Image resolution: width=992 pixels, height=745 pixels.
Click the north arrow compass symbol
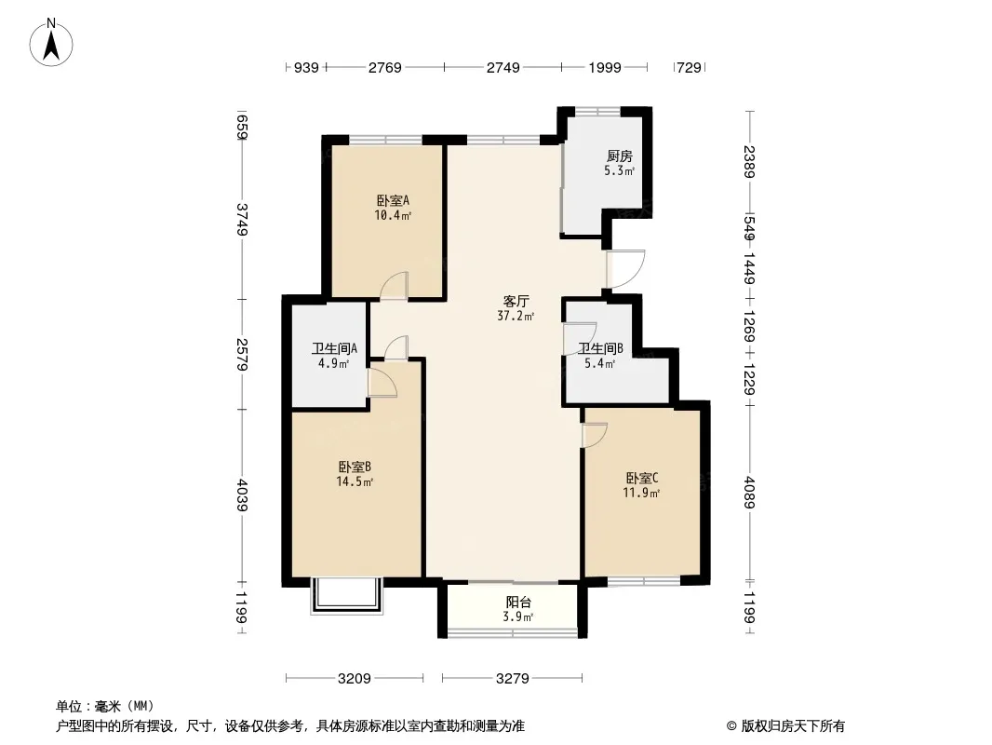pos(52,42)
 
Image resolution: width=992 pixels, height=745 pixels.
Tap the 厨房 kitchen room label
pos(619,156)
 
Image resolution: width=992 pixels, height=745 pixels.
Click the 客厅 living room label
pos(516,302)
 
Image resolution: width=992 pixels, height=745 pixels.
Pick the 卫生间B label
pos(601,349)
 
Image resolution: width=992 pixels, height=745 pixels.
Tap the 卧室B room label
pos(355,467)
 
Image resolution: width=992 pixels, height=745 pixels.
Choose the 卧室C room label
pos(641,479)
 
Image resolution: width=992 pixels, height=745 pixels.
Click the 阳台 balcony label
pos(518,603)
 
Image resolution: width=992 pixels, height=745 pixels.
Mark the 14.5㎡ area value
pos(355,482)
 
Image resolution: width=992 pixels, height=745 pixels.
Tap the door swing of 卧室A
pos(394,285)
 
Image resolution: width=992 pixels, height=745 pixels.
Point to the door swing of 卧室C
pos(594,435)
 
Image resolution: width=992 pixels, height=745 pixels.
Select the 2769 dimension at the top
pos(384,67)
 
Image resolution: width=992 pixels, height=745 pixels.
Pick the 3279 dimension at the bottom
pos(512,679)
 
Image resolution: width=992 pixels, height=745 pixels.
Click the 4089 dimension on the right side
pos(750,493)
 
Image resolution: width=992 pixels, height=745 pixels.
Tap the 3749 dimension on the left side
pos(242,220)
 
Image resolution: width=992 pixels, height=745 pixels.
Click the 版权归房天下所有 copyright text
pos(786,726)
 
